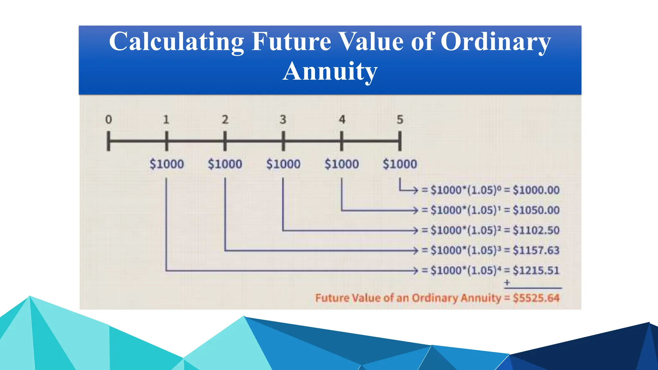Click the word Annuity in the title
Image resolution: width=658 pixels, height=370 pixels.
pos(330,71)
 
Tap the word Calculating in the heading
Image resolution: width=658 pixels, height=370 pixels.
pos(176,42)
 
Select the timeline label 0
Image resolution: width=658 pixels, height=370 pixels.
pos(109,120)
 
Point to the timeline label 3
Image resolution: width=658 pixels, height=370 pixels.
pos(283,120)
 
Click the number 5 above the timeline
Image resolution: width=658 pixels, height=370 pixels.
pos(400,120)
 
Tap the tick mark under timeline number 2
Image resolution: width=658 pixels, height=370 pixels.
pos(225,141)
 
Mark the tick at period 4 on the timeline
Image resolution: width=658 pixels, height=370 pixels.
pos(342,141)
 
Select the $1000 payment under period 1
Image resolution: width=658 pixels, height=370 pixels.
pos(167,164)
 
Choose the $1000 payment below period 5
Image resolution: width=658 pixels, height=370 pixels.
pos(400,164)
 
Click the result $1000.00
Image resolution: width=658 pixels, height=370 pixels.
pos(536,190)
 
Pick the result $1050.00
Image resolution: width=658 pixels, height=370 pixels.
pos(536,210)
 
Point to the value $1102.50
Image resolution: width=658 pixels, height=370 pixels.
pos(536,230)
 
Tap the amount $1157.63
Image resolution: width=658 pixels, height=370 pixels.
pos(536,250)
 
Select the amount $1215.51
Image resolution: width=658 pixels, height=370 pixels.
pos(536,270)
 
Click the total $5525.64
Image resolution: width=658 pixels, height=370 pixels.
pos(536,298)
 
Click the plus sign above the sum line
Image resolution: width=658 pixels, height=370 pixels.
pos(507,283)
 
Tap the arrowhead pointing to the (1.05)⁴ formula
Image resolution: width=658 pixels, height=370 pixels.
pos(415,271)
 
